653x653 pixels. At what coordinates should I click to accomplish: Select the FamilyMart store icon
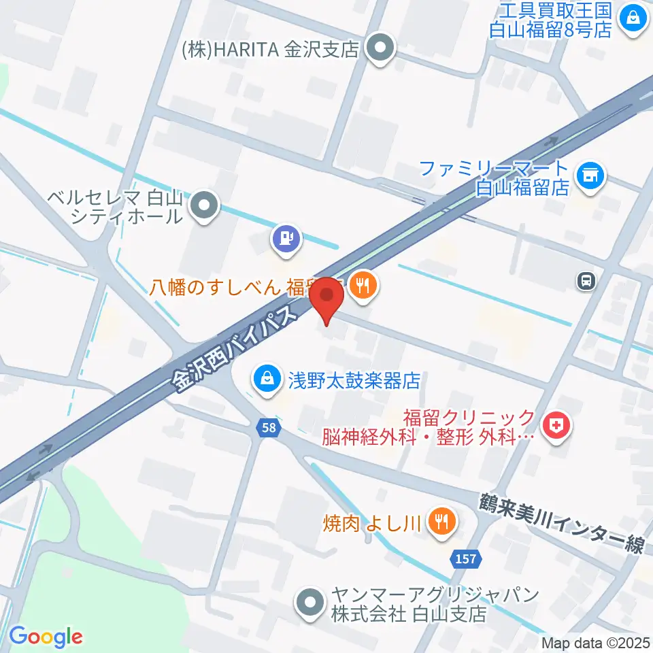pyautogui.click(x=589, y=176)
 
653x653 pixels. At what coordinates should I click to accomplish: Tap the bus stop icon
pyautogui.click(x=585, y=279)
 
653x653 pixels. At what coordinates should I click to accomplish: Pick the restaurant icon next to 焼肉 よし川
pyautogui.click(x=443, y=522)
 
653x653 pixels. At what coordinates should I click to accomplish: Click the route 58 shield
pyautogui.click(x=269, y=427)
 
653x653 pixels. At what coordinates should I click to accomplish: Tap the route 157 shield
pyautogui.click(x=466, y=558)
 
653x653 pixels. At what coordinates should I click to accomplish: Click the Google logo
pyautogui.click(x=46, y=637)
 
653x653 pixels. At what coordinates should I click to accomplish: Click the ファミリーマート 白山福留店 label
pyautogui.click(x=493, y=177)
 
